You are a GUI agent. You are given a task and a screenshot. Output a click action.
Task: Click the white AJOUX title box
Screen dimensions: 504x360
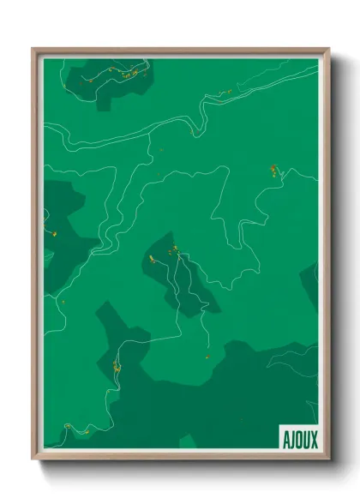298,439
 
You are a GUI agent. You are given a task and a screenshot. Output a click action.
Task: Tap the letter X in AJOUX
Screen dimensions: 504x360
314,440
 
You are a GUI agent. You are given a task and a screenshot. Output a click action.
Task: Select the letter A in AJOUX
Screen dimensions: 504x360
285,440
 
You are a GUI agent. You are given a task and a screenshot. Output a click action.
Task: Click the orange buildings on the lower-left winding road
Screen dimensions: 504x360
115,368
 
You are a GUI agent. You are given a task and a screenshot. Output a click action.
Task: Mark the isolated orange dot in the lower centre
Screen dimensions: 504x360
207,356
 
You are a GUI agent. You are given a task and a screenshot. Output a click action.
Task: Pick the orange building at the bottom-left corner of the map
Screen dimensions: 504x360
68,425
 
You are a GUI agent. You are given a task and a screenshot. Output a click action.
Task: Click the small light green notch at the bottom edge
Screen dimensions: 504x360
188,441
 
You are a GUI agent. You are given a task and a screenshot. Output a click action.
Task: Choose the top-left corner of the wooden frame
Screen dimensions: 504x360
33,50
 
